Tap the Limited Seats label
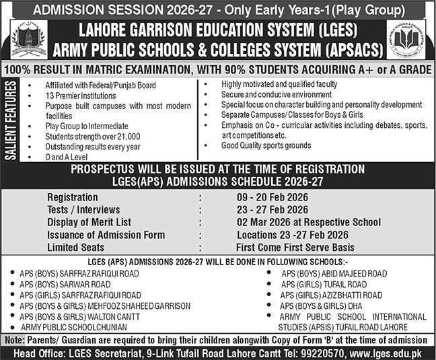pyautogui.click(x=77, y=246)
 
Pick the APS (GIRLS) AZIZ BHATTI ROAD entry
pyautogui.click(x=331, y=295)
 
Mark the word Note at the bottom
pyautogui.click(x=13, y=340)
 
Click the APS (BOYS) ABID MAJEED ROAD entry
pyautogui.click(x=334, y=274)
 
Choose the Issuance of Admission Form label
pyautogui.click(x=106, y=234)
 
